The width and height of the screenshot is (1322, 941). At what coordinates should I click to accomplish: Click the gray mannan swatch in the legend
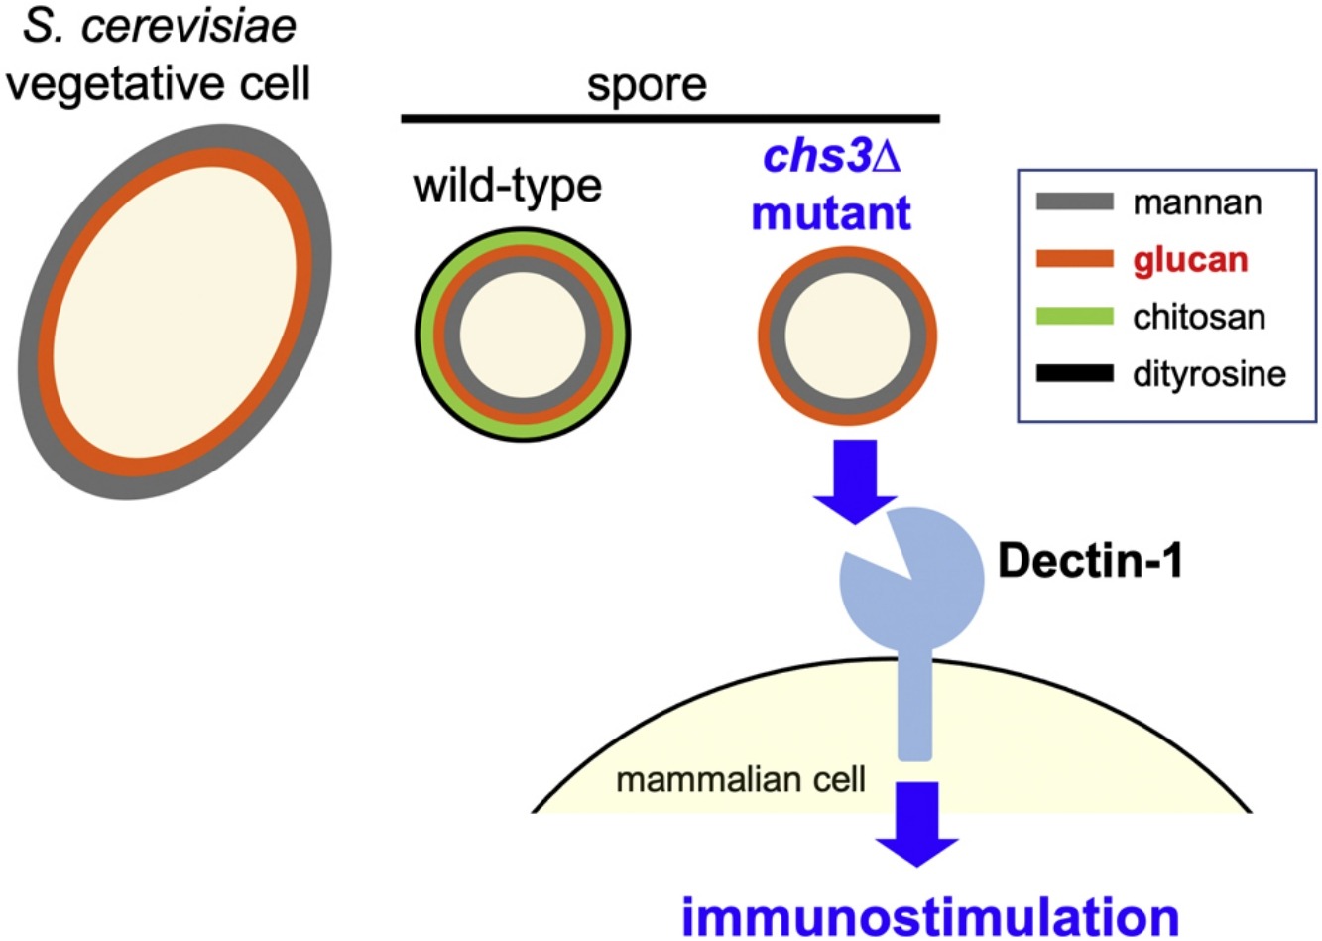coord(1075,202)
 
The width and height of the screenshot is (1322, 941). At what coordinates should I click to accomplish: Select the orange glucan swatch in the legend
coord(1075,259)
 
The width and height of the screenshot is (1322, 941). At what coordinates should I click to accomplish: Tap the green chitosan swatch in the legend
coord(1075,316)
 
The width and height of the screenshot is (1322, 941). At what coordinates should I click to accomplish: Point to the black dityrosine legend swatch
coord(1075,373)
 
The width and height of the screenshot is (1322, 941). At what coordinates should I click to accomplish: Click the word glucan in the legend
coord(1190,261)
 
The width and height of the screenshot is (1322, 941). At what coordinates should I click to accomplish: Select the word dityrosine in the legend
coord(1209,374)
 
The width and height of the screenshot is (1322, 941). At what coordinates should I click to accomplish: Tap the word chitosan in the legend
coord(1199,317)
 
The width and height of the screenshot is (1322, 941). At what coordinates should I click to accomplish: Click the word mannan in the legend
coord(1197,203)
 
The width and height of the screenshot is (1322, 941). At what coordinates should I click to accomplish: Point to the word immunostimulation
coord(930,915)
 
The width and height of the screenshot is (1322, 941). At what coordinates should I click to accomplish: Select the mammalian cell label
coord(741,779)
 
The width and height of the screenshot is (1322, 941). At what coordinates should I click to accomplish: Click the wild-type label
coord(508,187)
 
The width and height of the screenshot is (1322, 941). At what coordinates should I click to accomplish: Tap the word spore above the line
coord(647,86)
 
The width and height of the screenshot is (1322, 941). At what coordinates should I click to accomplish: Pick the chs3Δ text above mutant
coord(832,157)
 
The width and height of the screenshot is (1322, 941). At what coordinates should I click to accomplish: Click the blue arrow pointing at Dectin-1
coord(855,481)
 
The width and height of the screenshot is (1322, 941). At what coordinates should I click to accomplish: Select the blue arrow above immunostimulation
coord(916,825)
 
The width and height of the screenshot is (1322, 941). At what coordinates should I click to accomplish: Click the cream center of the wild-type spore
coord(523,335)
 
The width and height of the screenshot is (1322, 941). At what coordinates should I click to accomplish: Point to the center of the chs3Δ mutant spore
coord(848,336)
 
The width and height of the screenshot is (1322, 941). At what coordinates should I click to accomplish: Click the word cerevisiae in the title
coord(188,27)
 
